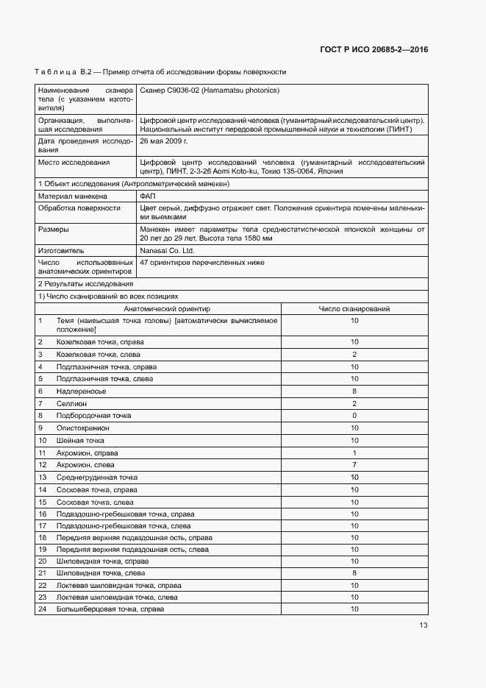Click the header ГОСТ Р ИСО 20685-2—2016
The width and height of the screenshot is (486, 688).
coord(374,50)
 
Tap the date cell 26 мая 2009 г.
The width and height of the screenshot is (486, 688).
coord(164,140)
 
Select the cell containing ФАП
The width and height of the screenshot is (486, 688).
coord(147,196)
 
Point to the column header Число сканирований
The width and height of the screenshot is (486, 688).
coord(354,309)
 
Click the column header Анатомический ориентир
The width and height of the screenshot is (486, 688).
coord(166,309)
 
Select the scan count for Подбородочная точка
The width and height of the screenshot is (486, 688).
coord(354,416)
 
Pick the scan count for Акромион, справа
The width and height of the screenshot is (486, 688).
coord(354,453)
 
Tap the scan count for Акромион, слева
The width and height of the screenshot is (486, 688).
coord(354,465)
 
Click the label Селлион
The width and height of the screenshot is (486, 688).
coord(71,403)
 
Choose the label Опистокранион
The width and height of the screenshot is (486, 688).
coord(83,428)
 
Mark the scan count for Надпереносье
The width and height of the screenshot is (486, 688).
coord(354,391)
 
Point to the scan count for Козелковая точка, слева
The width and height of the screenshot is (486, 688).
coord(354,355)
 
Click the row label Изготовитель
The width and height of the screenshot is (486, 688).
coord(61,250)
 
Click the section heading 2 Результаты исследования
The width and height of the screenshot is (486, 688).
coord(85,283)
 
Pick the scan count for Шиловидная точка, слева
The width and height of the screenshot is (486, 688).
coord(354,572)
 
